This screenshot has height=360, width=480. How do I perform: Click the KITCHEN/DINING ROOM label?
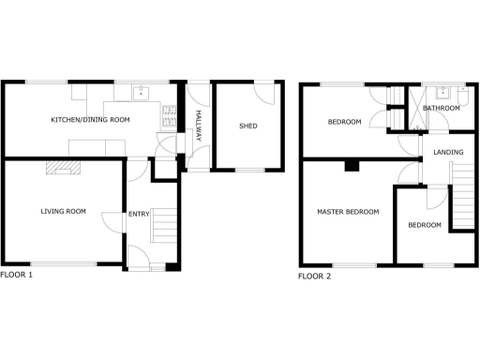(x=90, y=120)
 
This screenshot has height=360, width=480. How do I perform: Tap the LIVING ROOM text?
(x=63, y=212)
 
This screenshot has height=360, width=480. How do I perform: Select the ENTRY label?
(x=139, y=215)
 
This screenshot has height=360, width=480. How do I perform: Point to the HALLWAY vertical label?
(x=199, y=125)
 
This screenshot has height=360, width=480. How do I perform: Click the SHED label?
(x=248, y=126)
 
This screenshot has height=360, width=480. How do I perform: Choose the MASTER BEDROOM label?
(x=347, y=212)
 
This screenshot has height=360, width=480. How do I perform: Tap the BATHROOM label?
(x=442, y=109)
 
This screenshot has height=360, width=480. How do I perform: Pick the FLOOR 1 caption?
(x=17, y=275)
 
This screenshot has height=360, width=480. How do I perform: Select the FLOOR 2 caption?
(x=314, y=277)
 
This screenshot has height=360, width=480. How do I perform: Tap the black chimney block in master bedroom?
(x=351, y=166)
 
